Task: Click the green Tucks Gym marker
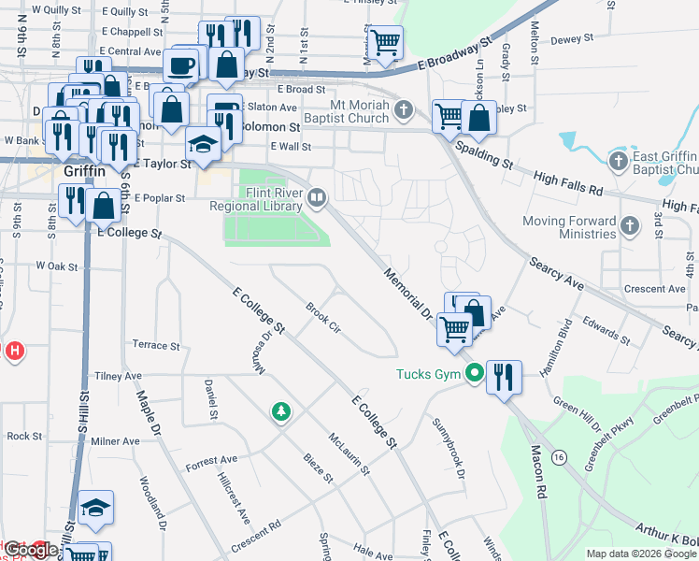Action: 474,375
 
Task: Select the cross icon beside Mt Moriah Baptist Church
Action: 404,110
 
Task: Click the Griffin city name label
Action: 85,173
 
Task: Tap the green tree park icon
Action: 279,410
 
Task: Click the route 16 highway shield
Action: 559,456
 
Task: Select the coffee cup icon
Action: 181,65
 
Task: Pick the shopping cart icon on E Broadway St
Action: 384,42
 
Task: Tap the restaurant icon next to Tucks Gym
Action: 504,376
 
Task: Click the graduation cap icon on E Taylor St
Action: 203,145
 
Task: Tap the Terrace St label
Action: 155,345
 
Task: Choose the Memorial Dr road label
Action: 405,291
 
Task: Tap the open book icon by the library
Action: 317,197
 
